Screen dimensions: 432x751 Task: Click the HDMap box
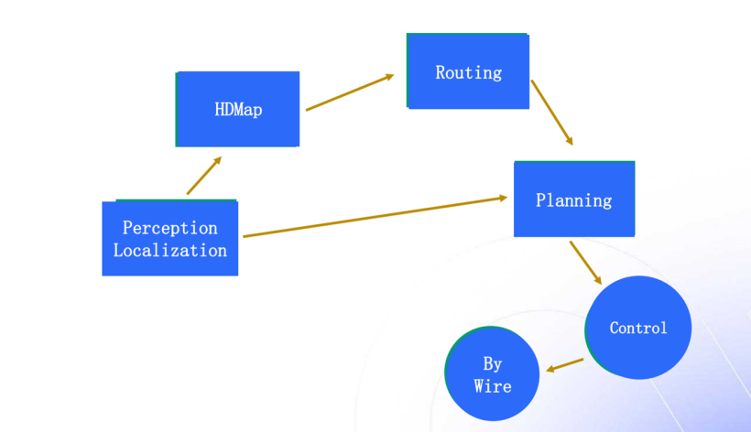click(x=237, y=109)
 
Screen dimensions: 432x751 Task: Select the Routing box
click(x=468, y=71)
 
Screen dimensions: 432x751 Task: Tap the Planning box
click(x=573, y=200)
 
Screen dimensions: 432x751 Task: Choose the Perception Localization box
click(x=169, y=239)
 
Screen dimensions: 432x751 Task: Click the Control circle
click(x=638, y=328)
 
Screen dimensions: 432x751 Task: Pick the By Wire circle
click(x=492, y=374)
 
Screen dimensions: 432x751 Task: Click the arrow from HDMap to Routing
click(x=349, y=92)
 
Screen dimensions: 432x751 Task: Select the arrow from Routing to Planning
click(x=551, y=113)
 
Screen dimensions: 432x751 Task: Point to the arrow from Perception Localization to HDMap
click(x=203, y=176)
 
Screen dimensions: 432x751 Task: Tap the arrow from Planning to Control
click(x=585, y=263)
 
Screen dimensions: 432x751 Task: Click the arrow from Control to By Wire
click(x=564, y=365)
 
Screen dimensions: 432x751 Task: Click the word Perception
click(x=170, y=227)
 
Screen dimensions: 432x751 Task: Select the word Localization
click(x=170, y=250)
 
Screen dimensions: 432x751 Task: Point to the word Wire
click(x=493, y=386)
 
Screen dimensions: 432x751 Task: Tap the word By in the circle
click(x=493, y=364)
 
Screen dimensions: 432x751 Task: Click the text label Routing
click(x=468, y=72)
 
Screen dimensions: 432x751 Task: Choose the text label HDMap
click(x=238, y=110)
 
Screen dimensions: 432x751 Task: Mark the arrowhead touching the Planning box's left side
click(x=502, y=198)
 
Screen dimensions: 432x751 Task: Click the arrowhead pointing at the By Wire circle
click(x=550, y=370)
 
